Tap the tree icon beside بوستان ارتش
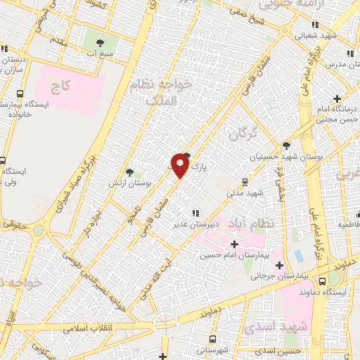[x=129, y=172]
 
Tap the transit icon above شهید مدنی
[x=245, y=180]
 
